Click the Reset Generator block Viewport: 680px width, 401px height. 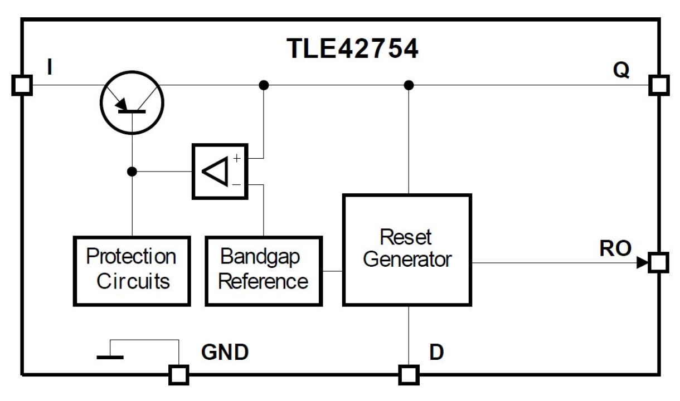(407, 249)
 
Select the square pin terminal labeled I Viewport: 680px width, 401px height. (22, 86)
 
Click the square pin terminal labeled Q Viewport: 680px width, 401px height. (659, 86)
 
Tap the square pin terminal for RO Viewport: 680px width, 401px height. (659, 262)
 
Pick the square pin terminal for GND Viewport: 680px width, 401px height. (179, 375)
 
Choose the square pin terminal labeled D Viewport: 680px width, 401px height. (409, 375)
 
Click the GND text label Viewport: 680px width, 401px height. (224, 353)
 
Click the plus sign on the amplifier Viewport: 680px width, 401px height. (237, 159)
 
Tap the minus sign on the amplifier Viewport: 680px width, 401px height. (237, 183)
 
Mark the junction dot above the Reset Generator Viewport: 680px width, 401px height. (409, 85)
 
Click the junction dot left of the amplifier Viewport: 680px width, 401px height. (132, 172)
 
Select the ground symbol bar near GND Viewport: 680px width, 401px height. (110, 357)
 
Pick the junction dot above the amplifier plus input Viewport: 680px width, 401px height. (264, 85)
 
